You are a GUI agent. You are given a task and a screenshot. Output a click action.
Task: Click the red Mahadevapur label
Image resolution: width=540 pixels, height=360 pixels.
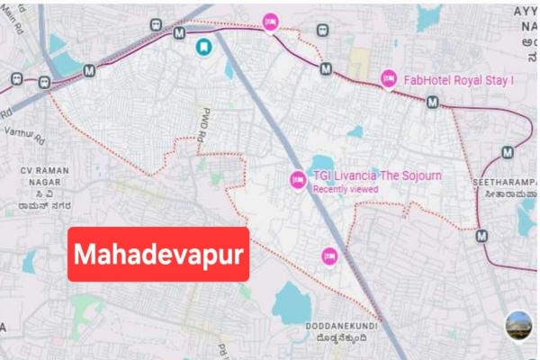[x=158, y=255]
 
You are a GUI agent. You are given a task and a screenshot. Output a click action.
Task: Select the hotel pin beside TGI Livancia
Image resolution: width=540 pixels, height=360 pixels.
[x=297, y=180]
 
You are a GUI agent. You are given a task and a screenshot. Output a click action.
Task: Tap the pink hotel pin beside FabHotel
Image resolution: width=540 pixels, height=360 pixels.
[x=388, y=79]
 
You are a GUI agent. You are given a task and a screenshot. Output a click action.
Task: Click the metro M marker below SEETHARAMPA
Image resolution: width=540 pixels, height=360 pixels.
[x=481, y=237]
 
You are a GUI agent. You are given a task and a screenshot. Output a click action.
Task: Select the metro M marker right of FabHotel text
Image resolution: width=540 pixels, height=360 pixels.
[x=433, y=102]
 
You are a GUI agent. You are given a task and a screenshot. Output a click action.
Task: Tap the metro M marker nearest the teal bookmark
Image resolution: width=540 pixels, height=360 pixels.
[x=179, y=33]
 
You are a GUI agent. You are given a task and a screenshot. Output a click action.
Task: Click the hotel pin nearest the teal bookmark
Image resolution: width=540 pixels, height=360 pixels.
[x=269, y=22]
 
